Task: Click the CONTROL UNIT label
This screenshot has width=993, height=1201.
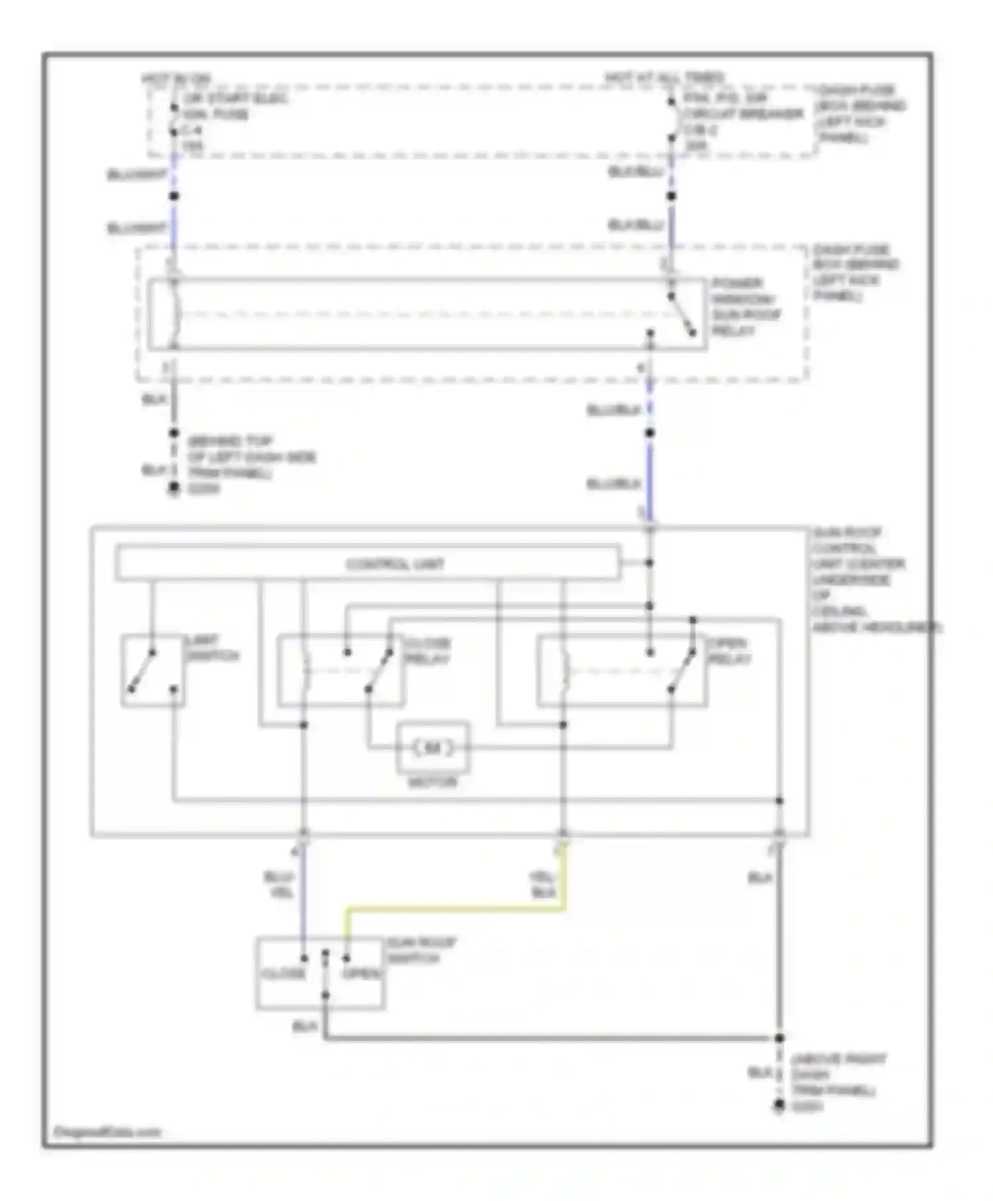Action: click(x=395, y=564)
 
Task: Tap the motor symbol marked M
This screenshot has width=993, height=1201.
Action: click(x=432, y=748)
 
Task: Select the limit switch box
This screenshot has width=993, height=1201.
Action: click(x=153, y=671)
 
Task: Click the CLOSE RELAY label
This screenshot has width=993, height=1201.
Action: click(x=427, y=651)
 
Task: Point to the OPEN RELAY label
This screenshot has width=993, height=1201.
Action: click(x=729, y=651)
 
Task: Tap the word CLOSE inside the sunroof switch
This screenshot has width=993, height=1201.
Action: click(x=283, y=974)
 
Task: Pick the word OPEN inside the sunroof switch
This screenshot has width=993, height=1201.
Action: click(x=361, y=974)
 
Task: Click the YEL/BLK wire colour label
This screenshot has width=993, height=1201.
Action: click(x=542, y=885)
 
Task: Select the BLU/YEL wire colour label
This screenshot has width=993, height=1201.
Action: click(x=279, y=885)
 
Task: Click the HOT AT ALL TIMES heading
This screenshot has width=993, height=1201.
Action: click(x=663, y=78)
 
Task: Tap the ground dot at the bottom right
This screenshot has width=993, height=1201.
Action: click(x=780, y=1105)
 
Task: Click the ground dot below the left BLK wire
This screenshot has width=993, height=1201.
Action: click(x=174, y=489)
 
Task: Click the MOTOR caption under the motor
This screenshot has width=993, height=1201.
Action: click(x=432, y=782)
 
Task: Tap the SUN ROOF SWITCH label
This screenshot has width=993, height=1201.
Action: click(x=421, y=950)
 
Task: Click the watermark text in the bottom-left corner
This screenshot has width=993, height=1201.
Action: click(x=107, y=1131)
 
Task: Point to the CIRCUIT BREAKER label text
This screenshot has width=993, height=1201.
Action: click(x=743, y=114)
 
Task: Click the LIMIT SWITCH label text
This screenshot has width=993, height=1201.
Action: click(x=212, y=648)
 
